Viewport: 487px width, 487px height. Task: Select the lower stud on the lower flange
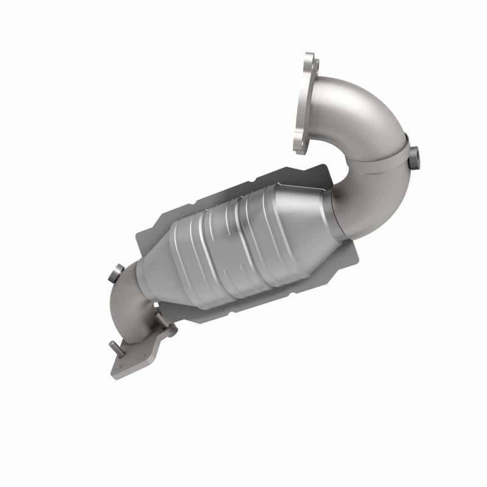coord(116,348)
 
